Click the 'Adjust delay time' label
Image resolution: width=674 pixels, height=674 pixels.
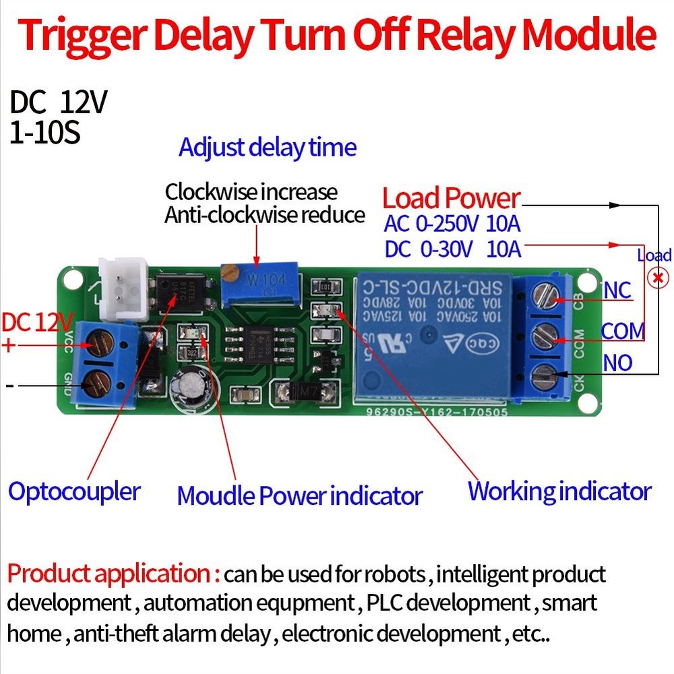[267, 147]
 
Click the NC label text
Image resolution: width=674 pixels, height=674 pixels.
[616, 290]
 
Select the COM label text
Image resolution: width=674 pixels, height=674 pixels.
[621, 332]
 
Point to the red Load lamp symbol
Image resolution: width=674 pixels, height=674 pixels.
[654, 278]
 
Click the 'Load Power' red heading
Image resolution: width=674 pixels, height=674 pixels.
[451, 198]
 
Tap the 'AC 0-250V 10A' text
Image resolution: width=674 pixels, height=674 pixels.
[452, 224]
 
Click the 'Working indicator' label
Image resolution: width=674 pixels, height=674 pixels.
[559, 491]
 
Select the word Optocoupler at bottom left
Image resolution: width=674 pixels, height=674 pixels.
[74, 491]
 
